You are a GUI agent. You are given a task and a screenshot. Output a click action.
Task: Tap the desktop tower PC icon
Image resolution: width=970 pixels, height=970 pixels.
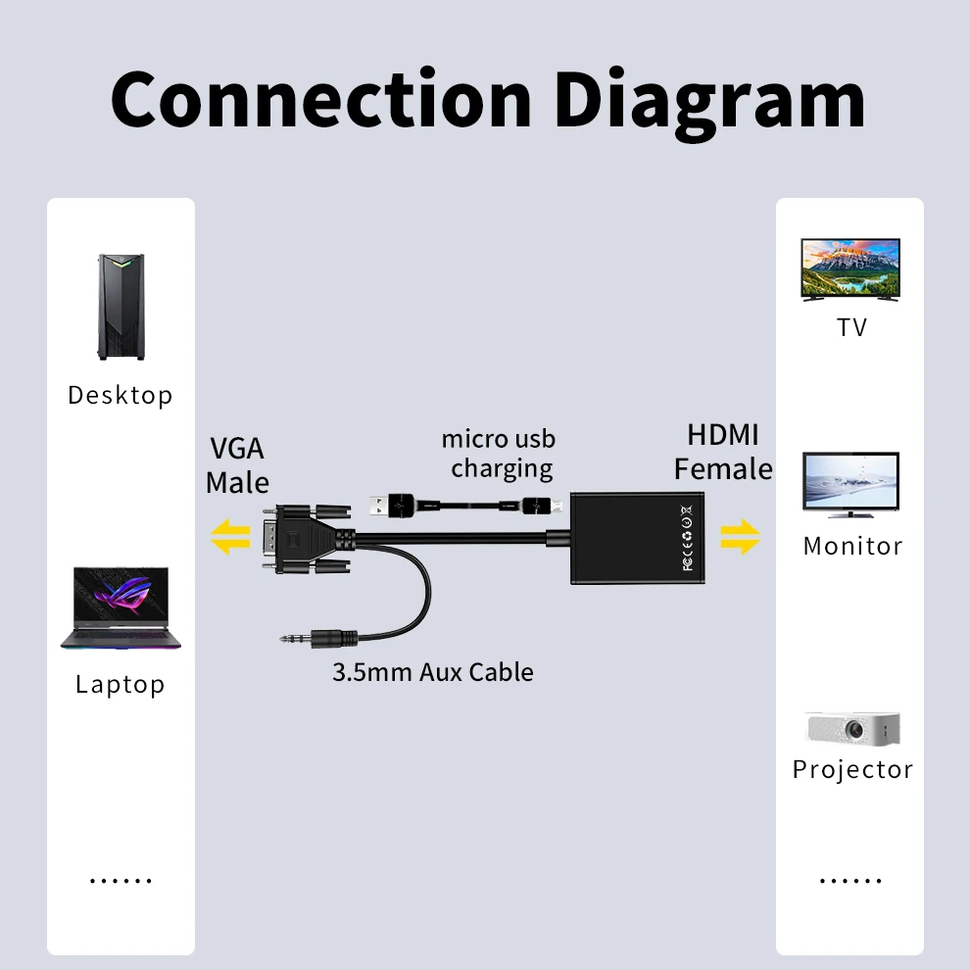(x=121, y=307)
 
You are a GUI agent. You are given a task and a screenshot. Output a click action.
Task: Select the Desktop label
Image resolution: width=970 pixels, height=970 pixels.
(x=121, y=395)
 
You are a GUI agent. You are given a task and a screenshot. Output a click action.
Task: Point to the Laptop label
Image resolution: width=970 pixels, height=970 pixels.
(x=121, y=684)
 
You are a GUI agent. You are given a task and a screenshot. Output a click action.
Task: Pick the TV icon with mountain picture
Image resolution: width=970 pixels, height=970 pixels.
(x=850, y=269)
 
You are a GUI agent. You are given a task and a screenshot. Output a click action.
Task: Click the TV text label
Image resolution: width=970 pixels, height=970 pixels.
(x=852, y=327)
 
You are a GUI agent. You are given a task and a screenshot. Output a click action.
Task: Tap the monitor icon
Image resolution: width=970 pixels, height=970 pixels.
(x=850, y=484)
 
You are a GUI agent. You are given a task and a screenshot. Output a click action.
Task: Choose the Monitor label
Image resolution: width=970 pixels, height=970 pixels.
(x=852, y=546)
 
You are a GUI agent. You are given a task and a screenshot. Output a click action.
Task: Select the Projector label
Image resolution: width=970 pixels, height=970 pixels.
(x=852, y=769)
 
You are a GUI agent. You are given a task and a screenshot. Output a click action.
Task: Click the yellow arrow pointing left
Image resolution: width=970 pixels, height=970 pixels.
(x=231, y=538)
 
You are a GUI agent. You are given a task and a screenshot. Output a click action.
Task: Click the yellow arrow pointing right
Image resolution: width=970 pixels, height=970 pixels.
(x=741, y=537)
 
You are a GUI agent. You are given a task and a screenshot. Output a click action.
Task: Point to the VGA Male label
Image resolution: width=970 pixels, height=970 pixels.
(x=238, y=465)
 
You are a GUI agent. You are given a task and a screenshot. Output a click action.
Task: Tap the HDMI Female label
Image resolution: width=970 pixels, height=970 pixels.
(x=723, y=452)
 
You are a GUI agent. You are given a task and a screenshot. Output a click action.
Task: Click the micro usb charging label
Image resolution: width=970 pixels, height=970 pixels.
(x=500, y=454)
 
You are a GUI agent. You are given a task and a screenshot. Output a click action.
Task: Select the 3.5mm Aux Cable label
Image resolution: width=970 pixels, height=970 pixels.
(x=433, y=672)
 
